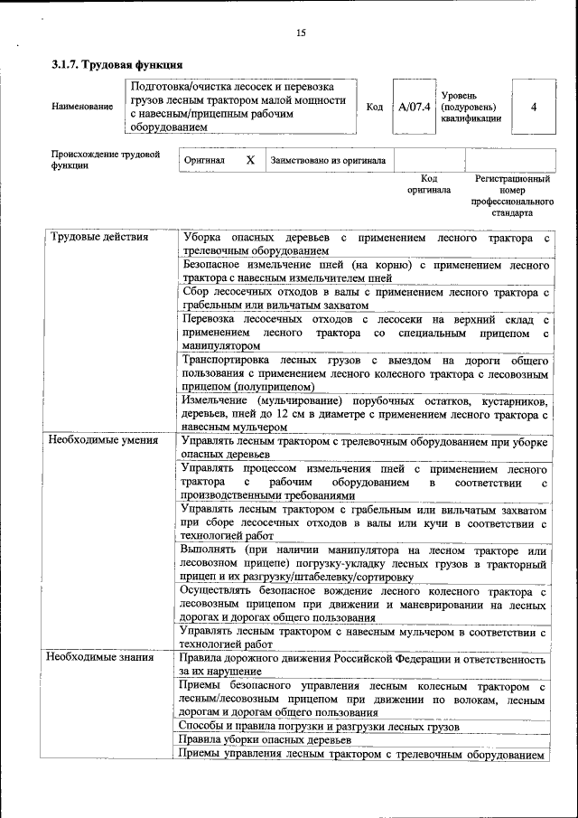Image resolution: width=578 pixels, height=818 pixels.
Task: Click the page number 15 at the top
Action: tap(300, 33)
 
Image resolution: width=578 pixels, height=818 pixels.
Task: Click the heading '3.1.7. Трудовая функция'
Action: tap(117, 65)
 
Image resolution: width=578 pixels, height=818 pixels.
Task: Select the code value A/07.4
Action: tap(414, 107)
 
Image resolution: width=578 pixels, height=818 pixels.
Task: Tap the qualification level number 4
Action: tap(533, 107)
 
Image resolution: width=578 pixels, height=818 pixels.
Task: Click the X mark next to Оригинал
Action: tap(250, 160)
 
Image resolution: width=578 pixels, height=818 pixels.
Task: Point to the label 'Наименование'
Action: tap(82, 107)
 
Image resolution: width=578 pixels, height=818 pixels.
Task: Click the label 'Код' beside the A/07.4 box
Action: tap(374, 107)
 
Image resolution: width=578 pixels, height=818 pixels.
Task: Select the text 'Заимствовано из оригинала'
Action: tap(328, 160)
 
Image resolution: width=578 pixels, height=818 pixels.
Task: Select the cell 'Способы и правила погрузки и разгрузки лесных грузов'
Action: tap(320, 726)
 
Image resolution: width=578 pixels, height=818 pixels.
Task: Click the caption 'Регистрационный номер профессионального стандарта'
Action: tap(512, 196)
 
